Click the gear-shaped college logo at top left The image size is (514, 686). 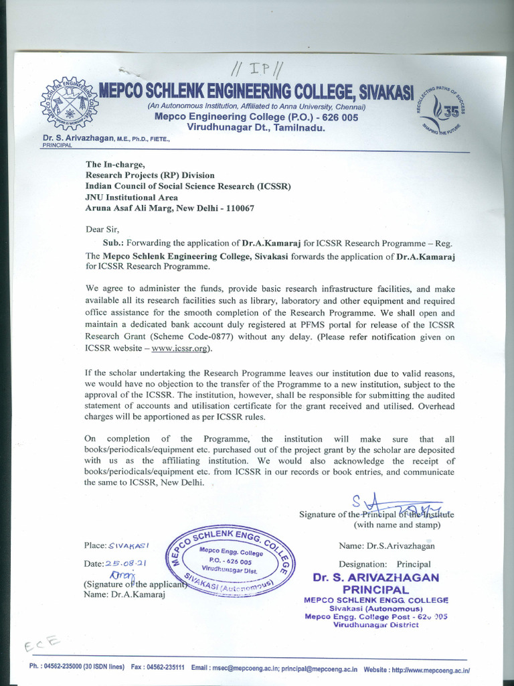[69, 105]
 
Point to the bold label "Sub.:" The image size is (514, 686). [115, 243]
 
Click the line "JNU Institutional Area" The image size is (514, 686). [131, 197]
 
